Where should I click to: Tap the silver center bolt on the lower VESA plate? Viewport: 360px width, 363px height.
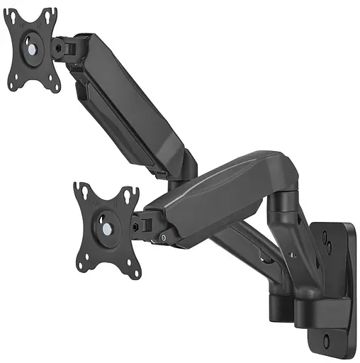point(106,229)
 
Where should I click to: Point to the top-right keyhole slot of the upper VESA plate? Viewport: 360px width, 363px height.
point(50,13)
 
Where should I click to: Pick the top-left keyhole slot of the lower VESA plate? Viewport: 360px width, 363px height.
point(80,190)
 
